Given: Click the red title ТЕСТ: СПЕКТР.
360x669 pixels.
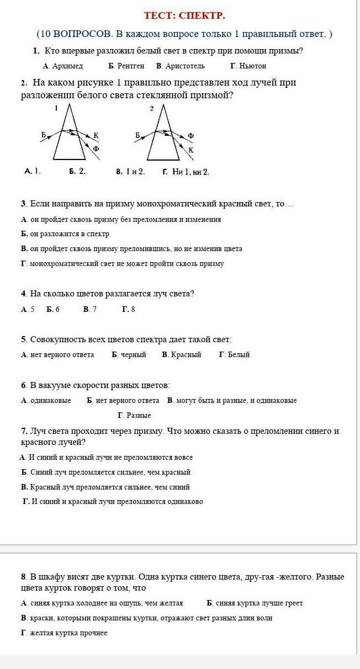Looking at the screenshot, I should [184, 15].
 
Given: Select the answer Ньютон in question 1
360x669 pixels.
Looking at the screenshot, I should [252, 66].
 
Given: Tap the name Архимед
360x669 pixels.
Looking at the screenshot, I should [67, 66].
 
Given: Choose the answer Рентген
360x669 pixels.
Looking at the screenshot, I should [130, 66].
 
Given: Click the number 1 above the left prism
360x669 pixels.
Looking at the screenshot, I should [56, 109].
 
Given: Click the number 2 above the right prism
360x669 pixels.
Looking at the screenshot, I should [152, 109].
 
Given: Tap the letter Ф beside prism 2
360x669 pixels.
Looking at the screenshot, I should [190, 135].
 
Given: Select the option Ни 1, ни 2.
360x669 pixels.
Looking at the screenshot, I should [190, 172].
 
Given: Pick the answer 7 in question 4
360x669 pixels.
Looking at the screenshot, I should [94, 310].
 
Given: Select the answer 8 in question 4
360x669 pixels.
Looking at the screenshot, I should [133, 310].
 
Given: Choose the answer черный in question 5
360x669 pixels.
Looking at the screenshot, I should [134, 355].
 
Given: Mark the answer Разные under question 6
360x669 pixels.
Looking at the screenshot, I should [139, 416].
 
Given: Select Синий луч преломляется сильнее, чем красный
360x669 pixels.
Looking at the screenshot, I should [110, 472].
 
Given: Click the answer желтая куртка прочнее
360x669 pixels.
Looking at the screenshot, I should [69, 633].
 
